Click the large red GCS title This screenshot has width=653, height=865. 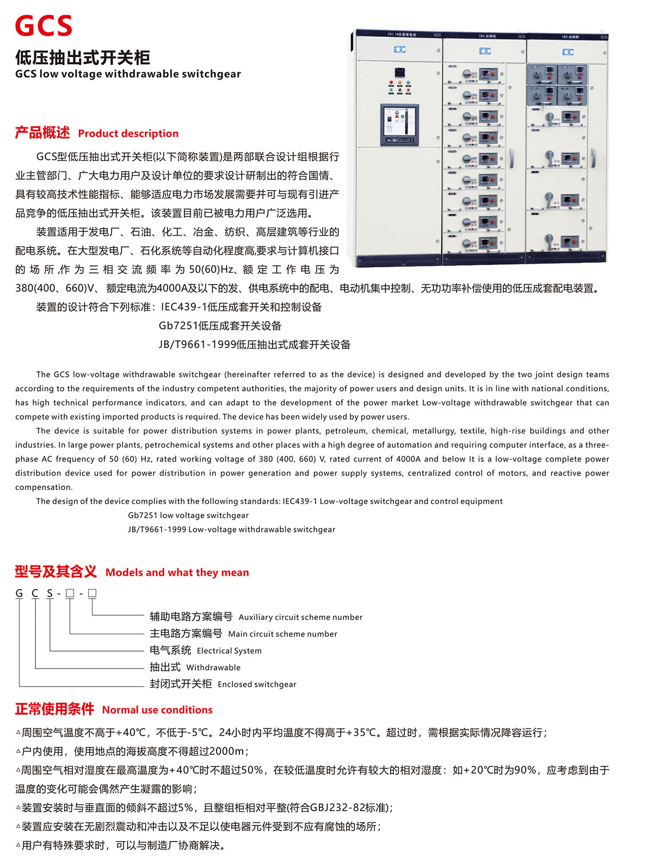tap(44, 26)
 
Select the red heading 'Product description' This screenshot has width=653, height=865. tap(128, 133)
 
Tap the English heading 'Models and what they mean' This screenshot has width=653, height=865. tap(177, 572)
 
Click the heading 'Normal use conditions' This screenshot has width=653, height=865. tap(157, 710)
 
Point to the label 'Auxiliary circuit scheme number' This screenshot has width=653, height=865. tap(300, 617)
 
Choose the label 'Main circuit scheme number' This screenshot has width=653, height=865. tap(282, 634)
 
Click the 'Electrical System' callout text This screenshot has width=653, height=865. tap(229, 651)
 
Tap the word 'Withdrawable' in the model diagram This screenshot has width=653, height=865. tap(213, 667)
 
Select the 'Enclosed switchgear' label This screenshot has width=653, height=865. tap(257, 684)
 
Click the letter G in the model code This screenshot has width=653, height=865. tap(20, 593)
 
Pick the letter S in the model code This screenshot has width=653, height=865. tap(50, 593)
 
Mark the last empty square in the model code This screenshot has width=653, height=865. tap(92, 593)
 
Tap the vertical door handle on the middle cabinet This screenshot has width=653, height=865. tap(512, 158)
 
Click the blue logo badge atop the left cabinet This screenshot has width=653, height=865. tap(399, 50)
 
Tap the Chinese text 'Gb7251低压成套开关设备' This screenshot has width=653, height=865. tap(220, 326)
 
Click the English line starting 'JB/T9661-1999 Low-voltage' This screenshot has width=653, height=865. tap(231, 529)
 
